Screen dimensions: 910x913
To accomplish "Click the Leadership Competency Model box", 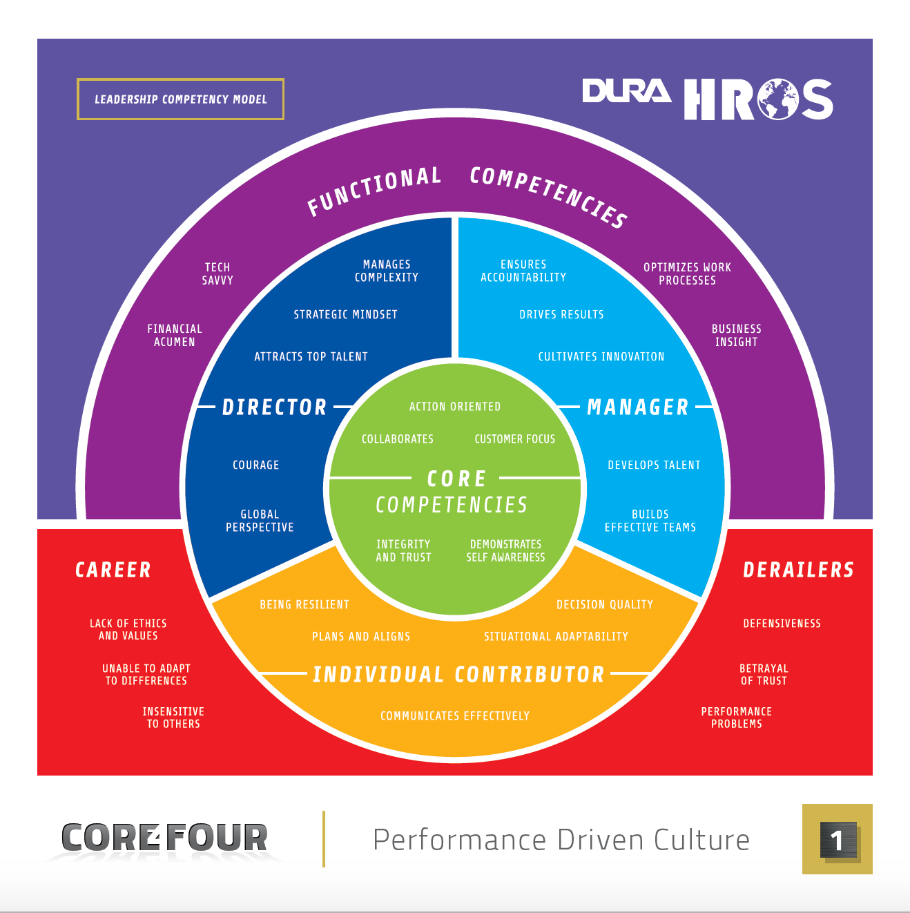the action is click(180, 99).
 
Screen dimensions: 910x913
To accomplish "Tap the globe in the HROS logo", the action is click(777, 99).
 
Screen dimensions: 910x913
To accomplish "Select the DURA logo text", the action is click(626, 92).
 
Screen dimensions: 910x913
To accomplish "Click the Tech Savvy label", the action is click(217, 273).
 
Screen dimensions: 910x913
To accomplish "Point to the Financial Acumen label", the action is click(175, 335).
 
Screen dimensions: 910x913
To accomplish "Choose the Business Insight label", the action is click(736, 335).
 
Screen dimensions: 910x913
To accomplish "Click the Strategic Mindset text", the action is click(345, 314).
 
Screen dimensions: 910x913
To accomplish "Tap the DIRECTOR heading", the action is click(274, 407).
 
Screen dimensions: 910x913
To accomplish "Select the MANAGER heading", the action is click(637, 407).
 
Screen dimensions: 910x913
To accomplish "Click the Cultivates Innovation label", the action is click(601, 356).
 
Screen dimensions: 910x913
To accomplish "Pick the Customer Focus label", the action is click(514, 439).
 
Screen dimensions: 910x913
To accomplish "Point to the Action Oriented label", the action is click(454, 406).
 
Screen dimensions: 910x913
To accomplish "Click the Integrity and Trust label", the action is click(403, 550).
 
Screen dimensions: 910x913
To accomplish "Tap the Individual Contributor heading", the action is click(458, 674).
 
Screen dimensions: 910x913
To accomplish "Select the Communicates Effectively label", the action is click(454, 715).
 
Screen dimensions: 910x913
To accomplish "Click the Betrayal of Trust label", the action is click(764, 674).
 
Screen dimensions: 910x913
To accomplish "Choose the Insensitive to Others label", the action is click(173, 718).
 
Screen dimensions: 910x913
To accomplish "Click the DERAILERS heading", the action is click(798, 570).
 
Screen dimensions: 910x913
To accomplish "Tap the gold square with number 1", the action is click(837, 839).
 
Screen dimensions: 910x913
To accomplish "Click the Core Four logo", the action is click(164, 838).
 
